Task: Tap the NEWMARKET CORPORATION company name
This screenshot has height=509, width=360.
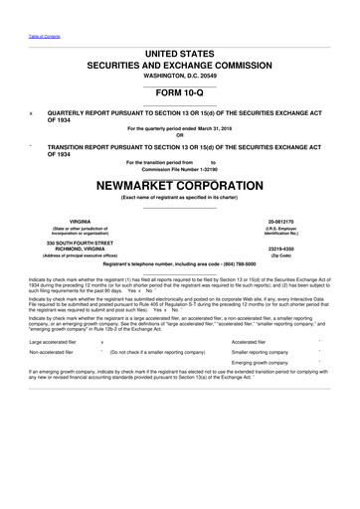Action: tap(179, 185)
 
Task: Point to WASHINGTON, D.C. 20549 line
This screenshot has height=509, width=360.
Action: tap(179, 77)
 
